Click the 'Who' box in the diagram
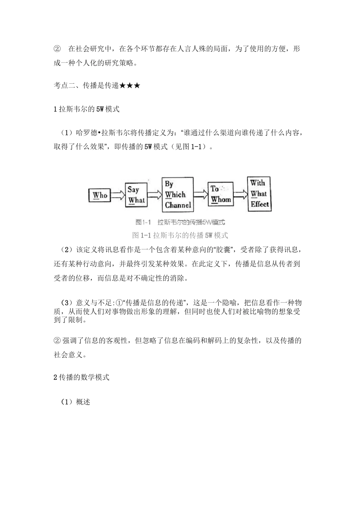(100, 195)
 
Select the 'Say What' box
(136, 195)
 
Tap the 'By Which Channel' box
(177, 195)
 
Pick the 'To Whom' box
(221, 194)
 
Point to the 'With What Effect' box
(259, 194)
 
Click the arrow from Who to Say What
(117, 195)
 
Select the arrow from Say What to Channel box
(154, 195)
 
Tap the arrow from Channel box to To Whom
(201, 194)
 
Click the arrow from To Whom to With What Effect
(240, 194)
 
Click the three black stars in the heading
(130, 86)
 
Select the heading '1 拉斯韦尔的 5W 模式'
(86, 109)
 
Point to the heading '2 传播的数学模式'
(81, 377)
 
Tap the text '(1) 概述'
(76, 402)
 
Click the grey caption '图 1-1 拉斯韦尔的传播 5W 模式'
(180, 235)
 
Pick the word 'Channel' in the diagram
(178, 205)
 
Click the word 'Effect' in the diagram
(260, 204)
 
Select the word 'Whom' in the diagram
(221, 200)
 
